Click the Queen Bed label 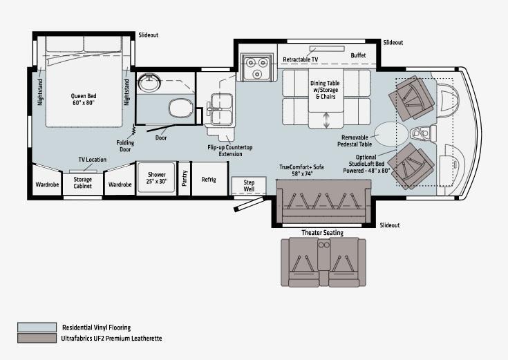pyautogui.click(x=84, y=100)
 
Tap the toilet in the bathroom pyautogui.click(x=181, y=108)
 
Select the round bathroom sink pyautogui.click(x=149, y=82)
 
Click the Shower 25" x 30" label pyautogui.click(x=156, y=178)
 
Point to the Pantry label pyautogui.click(x=185, y=178)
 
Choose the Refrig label pyautogui.click(x=209, y=179)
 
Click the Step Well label pyautogui.click(x=249, y=186)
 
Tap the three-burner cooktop pyautogui.click(x=256, y=67)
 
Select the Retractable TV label pyautogui.click(x=301, y=59)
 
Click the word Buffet pyautogui.click(x=358, y=55)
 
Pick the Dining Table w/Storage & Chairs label pyautogui.click(x=325, y=90)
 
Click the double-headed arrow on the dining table pyautogui.click(x=326, y=120)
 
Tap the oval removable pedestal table pyautogui.click(x=391, y=134)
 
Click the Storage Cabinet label pyautogui.click(x=83, y=182)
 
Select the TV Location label pyautogui.click(x=93, y=160)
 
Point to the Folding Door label pyautogui.click(x=125, y=146)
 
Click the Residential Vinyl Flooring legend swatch pyautogui.click(x=37, y=328)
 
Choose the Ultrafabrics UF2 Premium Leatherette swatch pyautogui.click(x=37, y=338)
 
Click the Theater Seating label pyautogui.click(x=322, y=233)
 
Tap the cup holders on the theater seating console pyautogui.click(x=323, y=245)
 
